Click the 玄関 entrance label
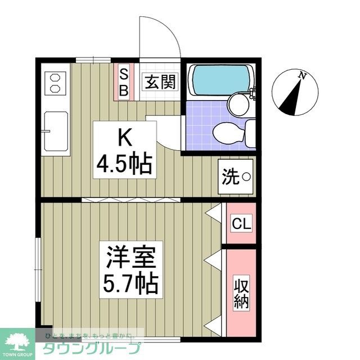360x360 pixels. (159, 83)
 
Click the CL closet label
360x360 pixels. (242, 224)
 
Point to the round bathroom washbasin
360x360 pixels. (240, 105)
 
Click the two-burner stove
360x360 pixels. (55, 83)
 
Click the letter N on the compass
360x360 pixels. (303, 75)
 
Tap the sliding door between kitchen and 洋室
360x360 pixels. (132, 200)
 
